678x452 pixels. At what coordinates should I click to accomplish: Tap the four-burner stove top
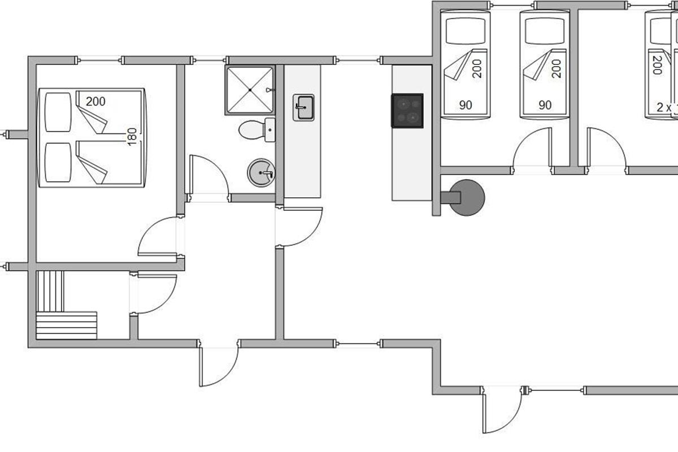[x=407, y=110]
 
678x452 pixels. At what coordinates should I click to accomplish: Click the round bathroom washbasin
[x=260, y=172]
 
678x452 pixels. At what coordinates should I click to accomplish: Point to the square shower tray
[x=250, y=90]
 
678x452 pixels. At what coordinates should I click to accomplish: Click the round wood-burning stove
[x=467, y=197]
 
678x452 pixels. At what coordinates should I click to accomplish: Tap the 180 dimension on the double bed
[x=132, y=137]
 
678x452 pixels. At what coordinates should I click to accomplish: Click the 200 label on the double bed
[x=95, y=102]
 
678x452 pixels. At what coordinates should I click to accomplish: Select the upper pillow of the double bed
[x=58, y=112]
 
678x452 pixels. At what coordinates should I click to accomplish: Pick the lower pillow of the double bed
[x=58, y=162]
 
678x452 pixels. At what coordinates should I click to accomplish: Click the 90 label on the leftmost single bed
[x=466, y=105]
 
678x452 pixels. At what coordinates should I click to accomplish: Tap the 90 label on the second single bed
[x=545, y=105]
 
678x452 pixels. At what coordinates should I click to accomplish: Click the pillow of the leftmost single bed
[x=466, y=31]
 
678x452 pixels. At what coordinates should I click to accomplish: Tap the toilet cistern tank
[x=270, y=130]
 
